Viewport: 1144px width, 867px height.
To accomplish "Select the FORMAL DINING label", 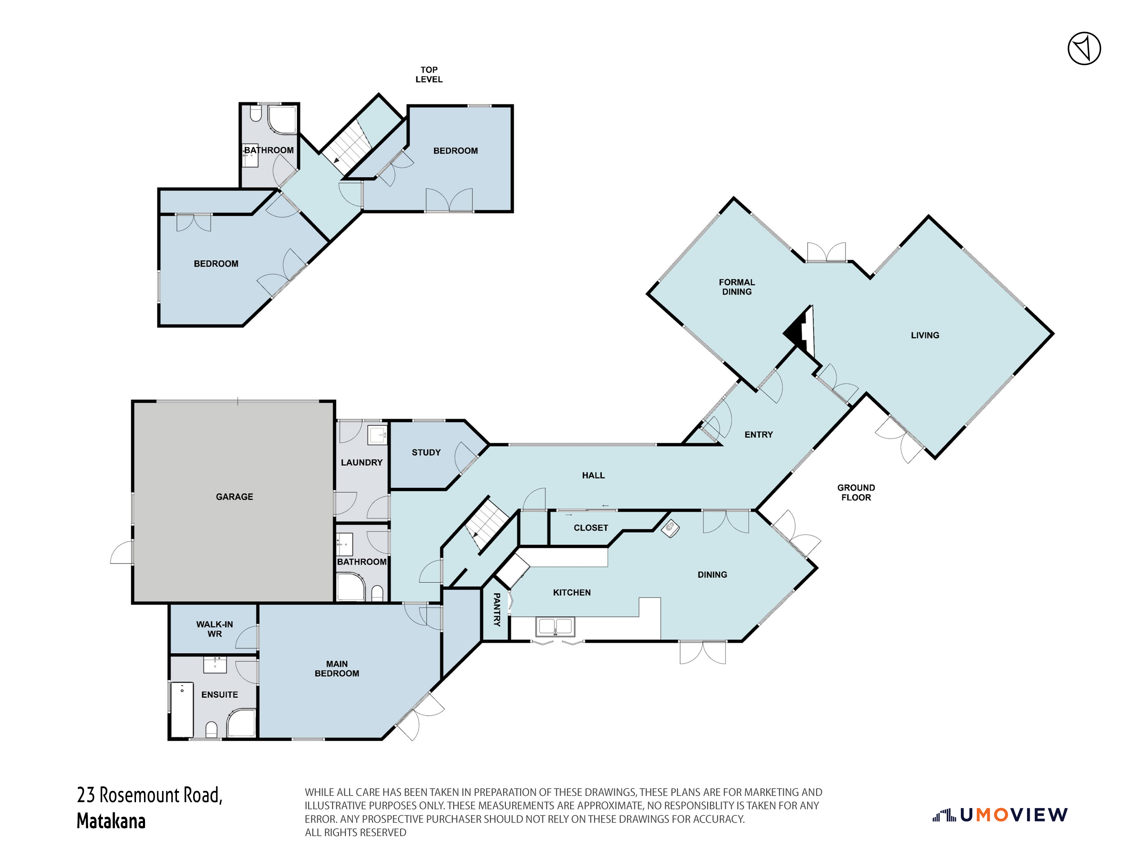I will coord(736,287).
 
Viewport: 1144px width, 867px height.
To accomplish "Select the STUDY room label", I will coord(426,452).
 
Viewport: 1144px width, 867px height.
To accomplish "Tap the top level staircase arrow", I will coord(337,160).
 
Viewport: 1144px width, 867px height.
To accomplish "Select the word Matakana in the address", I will coord(111,821).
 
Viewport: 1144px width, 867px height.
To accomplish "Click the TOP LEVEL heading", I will coord(429,75).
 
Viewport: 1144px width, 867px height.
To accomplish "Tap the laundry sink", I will coord(378,435).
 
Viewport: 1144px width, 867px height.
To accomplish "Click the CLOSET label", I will coord(591,528).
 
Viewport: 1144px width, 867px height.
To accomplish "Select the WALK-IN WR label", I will coord(214,629).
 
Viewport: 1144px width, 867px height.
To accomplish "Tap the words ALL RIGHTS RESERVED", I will coord(355,832).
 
